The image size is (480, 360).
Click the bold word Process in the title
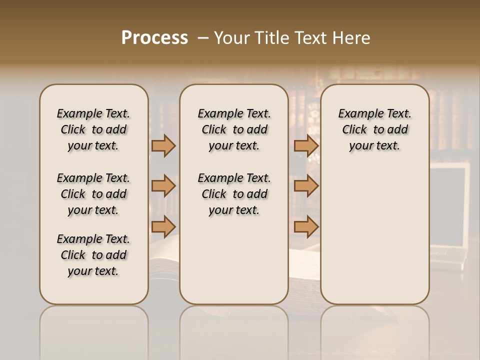154,38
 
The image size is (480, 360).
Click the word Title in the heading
270,38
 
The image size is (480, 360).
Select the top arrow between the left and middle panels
163,145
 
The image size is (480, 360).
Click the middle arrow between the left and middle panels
163,186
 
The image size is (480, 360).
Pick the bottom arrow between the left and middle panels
163,226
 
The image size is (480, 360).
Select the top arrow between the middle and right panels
306,145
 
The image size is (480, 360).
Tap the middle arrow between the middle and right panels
306,186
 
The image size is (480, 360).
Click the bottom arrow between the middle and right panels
306,226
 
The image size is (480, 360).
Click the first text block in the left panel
93,129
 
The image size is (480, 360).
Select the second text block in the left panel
93,194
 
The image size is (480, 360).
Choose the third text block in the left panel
93,255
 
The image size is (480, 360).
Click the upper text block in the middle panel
234,129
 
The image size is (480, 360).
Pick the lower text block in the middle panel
234,194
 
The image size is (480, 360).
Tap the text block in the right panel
374,129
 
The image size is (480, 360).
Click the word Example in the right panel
357,114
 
